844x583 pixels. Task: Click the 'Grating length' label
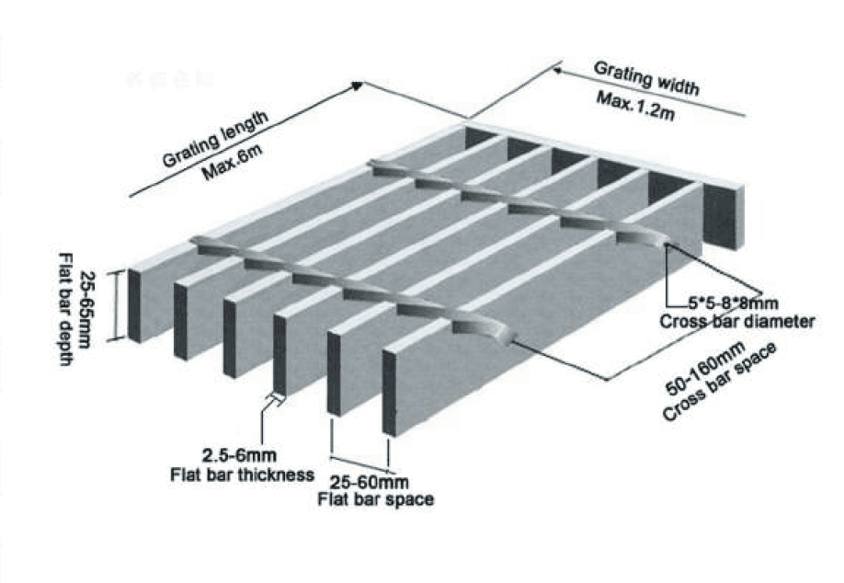tap(215, 139)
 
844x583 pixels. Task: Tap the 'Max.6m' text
tap(232, 162)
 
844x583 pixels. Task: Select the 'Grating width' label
tap(646, 78)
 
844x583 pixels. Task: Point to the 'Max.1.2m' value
tap(635, 106)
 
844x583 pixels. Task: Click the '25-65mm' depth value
tap(86, 308)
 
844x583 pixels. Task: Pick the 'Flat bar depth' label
tap(65, 309)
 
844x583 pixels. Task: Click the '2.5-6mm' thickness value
tap(240, 455)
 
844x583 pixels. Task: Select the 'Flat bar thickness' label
tap(242, 474)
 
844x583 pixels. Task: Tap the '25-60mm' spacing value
tap(370, 481)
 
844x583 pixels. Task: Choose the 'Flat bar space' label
tap(376, 499)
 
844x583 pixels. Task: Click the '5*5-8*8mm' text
tap(733, 303)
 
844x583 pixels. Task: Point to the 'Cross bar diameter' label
tap(737, 322)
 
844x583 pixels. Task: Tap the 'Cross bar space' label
tap(720, 382)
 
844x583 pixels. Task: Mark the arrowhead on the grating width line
tap(558, 70)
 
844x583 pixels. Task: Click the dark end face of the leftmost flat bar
tap(134, 306)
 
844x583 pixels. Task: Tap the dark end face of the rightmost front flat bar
tap(389, 393)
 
